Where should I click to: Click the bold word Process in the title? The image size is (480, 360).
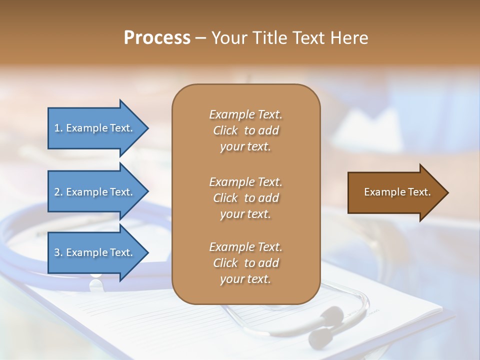157,38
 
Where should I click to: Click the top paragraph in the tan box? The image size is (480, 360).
245,130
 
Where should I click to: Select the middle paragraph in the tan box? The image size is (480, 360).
245,198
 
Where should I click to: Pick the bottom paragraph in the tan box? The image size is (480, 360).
245,263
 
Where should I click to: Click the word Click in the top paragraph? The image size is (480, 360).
225,130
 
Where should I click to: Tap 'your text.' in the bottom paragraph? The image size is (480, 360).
245,279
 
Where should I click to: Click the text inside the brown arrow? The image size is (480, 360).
397,192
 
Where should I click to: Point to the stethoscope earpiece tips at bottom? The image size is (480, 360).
322,327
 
